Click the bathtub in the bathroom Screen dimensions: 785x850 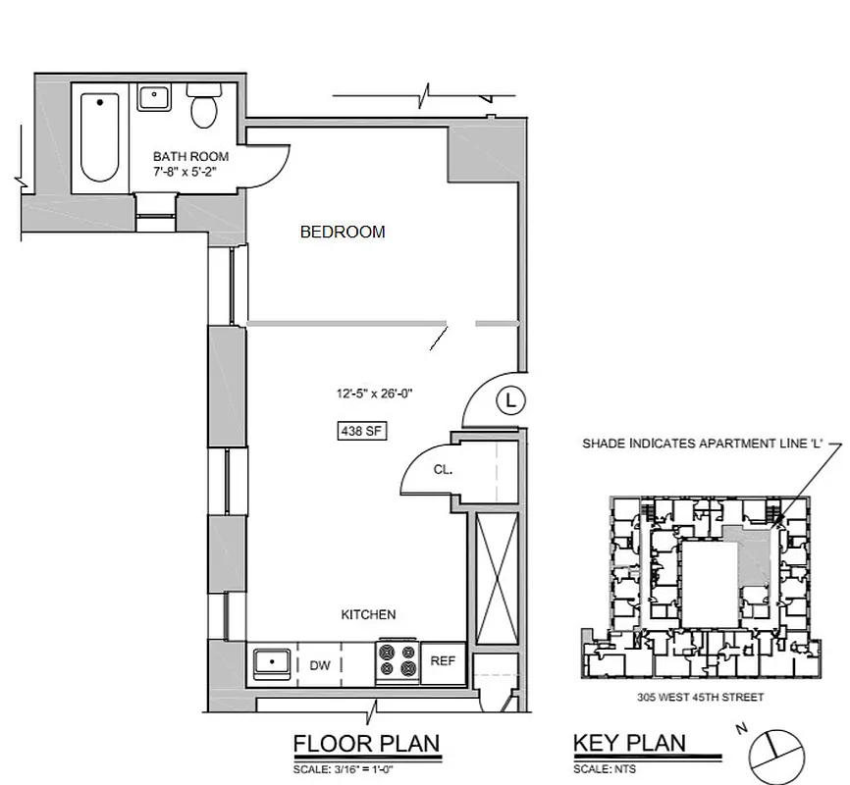[98, 136]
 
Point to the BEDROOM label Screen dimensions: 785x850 [342, 233]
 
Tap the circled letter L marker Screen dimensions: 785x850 [509, 399]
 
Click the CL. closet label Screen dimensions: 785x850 [443, 470]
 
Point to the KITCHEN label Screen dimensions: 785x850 [368, 615]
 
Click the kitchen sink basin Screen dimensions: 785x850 [269, 664]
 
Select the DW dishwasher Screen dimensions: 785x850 [320, 665]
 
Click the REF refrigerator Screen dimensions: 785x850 [443, 661]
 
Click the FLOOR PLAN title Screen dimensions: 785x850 [366, 744]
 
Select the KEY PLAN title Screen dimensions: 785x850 [629, 744]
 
